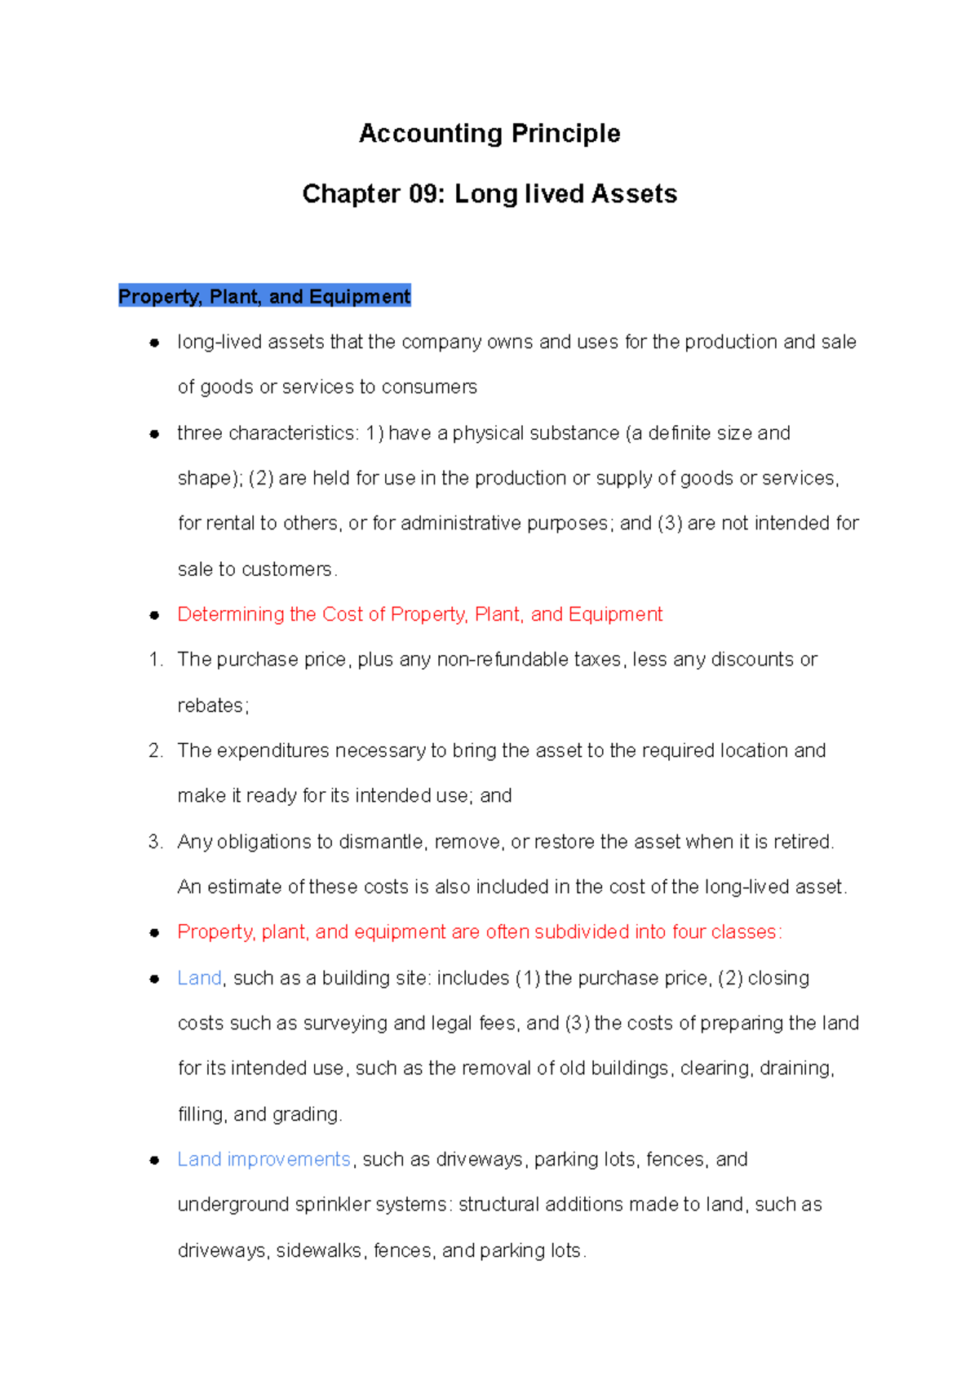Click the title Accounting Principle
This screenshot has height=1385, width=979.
tap(489, 133)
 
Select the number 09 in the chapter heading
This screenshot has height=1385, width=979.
tap(427, 194)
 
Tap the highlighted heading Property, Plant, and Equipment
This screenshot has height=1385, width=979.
tap(264, 296)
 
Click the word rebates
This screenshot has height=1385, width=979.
tap(211, 706)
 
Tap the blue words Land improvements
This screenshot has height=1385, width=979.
tap(264, 1159)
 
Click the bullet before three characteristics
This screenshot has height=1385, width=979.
tap(154, 434)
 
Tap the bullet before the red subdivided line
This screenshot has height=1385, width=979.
tap(154, 933)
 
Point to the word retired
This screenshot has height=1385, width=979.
tap(803, 842)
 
